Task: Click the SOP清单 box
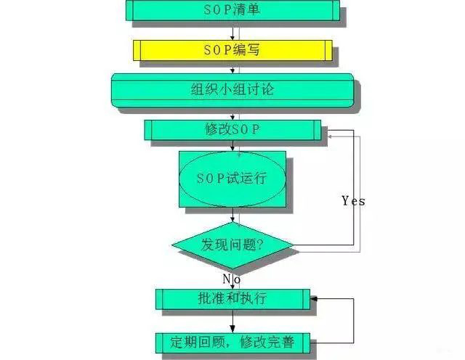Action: (x=232, y=10)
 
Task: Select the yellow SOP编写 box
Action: (x=232, y=50)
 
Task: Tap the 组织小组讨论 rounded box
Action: (x=232, y=91)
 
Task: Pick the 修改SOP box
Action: (x=232, y=130)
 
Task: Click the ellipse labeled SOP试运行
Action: (x=232, y=179)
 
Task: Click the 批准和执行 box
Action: (x=232, y=298)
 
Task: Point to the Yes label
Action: (x=353, y=201)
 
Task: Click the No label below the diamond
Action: (x=232, y=278)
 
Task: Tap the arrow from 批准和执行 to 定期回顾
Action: (x=232, y=320)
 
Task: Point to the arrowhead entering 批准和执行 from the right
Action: (x=315, y=298)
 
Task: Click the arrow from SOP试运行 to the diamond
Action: (x=232, y=216)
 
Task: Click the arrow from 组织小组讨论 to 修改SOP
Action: (x=232, y=114)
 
